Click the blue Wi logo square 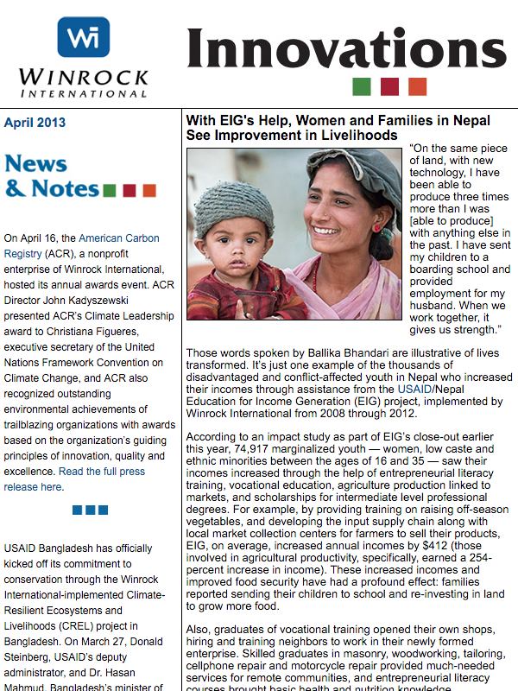click(x=83, y=37)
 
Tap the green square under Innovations click(x=362, y=86)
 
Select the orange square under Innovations click(x=417, y=86)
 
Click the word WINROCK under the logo click(x=83, y=76)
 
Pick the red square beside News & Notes click(x=129, y=190)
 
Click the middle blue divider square click(x=90, y=510)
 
